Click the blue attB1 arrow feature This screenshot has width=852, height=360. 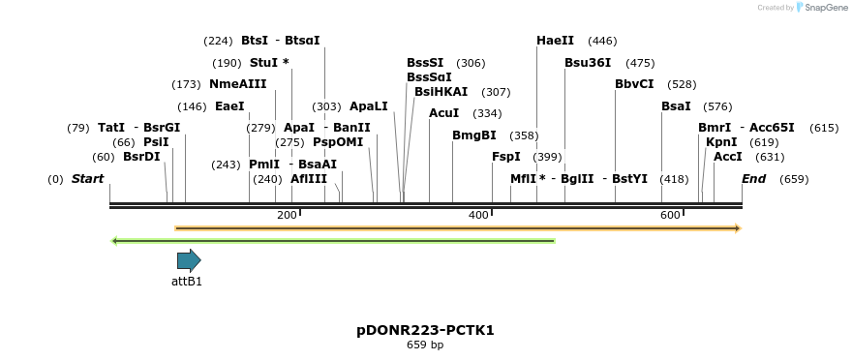click(x=189, y=260)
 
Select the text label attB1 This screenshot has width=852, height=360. click(x=187, y=282)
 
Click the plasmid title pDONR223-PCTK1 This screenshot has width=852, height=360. click(x=425, y=330)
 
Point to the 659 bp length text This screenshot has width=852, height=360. click(x=425, y=345)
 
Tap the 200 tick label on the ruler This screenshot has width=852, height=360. click(x=287, y=215)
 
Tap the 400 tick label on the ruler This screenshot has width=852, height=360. click(x=478, y=215)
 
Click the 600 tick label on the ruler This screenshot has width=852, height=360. click(x=670, y=215)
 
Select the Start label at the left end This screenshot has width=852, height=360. click(x=87, y=179)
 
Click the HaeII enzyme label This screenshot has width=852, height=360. click(x=555, y=41)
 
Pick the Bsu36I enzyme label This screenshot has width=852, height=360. click(x=588, y=63)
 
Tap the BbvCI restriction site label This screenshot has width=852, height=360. click(x=634, y=84)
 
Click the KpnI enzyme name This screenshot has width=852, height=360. click(x=721, y=142)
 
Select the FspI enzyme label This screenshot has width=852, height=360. click(x=506, y=157)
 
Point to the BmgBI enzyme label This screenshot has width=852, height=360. click(x=474, y=135)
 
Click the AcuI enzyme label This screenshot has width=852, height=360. click(x=444, y=113)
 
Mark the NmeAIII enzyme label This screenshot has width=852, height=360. click(x=238, y=84)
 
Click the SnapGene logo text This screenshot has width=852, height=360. click(x=822, y=8)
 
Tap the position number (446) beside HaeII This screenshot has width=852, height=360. click(x=602, y=41)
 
